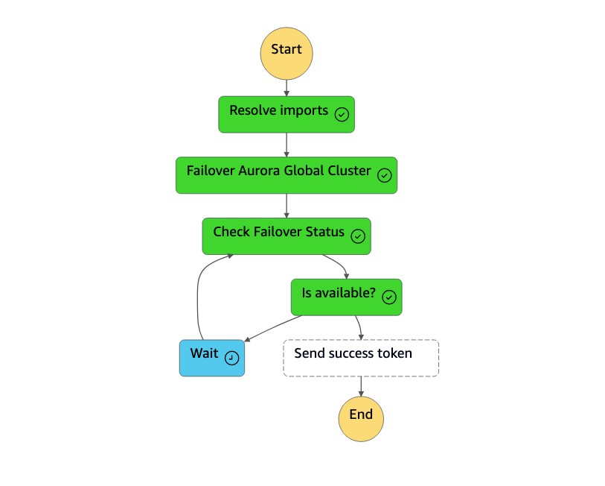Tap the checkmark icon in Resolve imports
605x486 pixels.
[342, 114]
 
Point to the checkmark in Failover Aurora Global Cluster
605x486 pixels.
[385, 175]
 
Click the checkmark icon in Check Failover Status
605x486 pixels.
[358, 236]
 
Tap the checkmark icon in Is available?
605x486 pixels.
[388, 297]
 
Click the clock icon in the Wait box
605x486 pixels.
[232, 358]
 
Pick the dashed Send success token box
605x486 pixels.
[361, 358]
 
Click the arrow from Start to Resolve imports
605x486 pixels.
[287, 87]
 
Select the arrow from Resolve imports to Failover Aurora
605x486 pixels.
[287, 145]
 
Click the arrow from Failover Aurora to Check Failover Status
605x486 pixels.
[287, 206]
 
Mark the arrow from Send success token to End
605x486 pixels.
[361, 385]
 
